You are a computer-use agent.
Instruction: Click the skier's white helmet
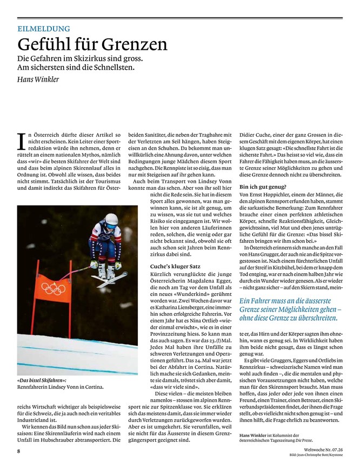pos(111,219)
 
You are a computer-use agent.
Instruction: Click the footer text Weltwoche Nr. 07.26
pos(318,449)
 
